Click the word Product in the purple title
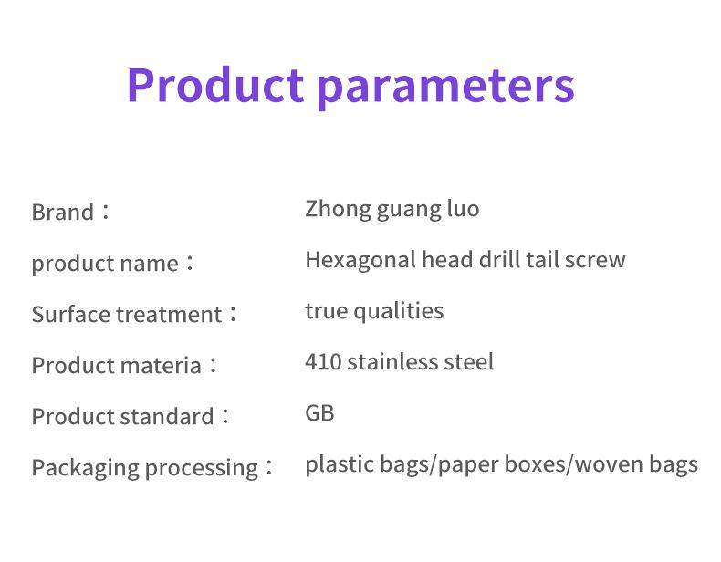tap(215, 85)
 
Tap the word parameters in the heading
tap(446, 88)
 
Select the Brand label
tap(63, 213)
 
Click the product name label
tap(105, 264)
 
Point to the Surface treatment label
tap(127, 315)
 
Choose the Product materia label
tap(116, 366)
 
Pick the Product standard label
tap(123, 417)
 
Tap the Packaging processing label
tap(145, 468)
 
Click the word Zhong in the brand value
tap(338, 209)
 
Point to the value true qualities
tap(374, 311)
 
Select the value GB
tap(319, 413)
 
